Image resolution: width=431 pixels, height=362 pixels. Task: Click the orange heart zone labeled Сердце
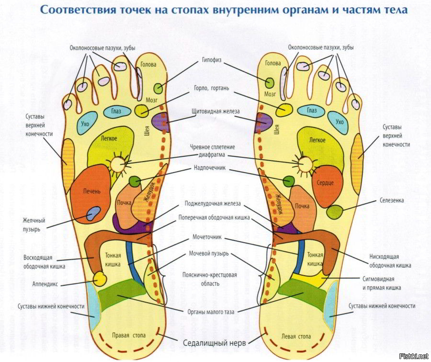coord(326,186)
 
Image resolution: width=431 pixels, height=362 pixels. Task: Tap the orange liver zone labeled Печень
coord(90,194)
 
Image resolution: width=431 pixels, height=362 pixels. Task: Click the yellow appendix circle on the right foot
coord(100,279)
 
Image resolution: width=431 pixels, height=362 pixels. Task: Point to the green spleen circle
coord(335,211)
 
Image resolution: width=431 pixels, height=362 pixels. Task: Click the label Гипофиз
coord(212,60)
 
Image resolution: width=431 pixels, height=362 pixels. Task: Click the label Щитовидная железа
coord(216,111)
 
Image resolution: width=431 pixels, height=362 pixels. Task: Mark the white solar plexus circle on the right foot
coord(119,164)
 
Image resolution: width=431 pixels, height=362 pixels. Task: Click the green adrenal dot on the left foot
coord(289,181)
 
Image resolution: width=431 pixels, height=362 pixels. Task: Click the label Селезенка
coord(392,200)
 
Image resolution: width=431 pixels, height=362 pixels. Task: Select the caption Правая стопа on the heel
coord(129,336)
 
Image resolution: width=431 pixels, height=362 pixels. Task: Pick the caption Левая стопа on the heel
coord(296,337)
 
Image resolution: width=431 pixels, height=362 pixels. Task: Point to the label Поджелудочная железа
coord(213,204)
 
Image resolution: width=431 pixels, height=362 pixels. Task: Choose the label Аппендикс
coord(45,284)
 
